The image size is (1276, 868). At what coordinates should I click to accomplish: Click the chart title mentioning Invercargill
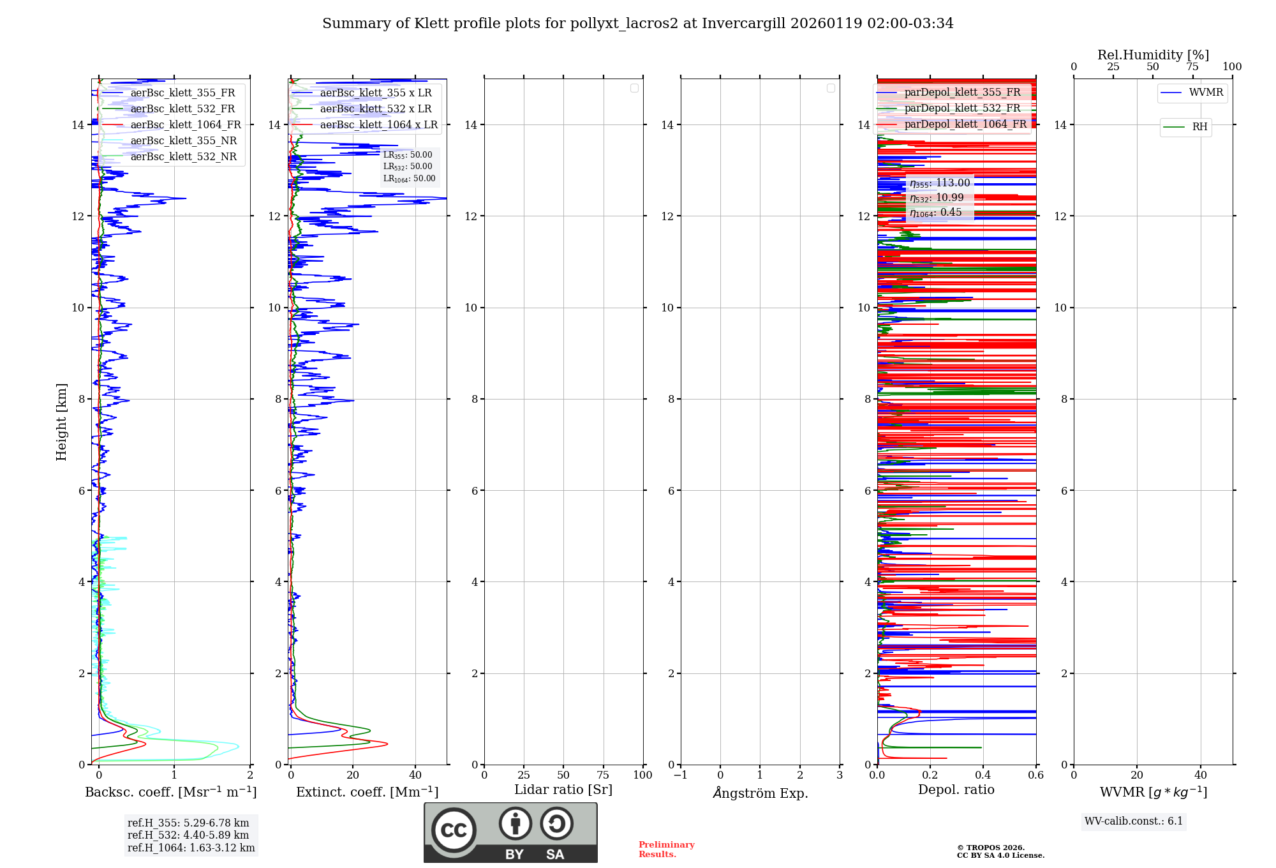click(637, 24)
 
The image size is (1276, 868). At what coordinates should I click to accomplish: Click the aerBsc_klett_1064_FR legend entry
click(186, 125)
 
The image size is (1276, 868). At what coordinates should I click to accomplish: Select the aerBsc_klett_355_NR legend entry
click(183, 141)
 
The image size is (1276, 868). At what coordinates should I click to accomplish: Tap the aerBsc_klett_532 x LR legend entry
click(375, 109)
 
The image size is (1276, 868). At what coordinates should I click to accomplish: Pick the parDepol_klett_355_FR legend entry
click(962, 93)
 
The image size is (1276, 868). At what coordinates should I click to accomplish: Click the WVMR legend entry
click(1206, 93)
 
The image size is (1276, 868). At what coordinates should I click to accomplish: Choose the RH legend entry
click(1199, 127)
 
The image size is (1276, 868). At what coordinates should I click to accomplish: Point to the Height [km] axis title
click(61, 422)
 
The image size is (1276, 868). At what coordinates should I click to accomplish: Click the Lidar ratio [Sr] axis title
click(563, 790)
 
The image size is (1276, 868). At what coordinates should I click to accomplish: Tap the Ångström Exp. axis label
click(760, 793)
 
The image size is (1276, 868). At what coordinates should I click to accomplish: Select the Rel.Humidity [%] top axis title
click(1153, 55)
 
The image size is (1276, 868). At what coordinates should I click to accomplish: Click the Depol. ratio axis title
click(956, 790)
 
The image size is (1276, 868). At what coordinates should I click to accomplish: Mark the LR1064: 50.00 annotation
click(409, 179)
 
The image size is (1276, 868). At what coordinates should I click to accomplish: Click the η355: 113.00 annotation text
click(940, 183)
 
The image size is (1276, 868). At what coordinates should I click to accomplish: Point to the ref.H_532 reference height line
click(188, 835)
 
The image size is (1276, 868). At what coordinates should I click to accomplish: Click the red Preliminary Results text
click(666, 849)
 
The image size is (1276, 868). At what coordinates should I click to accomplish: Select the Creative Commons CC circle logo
click(454, 830)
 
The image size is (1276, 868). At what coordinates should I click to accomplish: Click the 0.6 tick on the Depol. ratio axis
click(1035, 775)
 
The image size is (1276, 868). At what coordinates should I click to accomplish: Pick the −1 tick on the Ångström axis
click(681, 775)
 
